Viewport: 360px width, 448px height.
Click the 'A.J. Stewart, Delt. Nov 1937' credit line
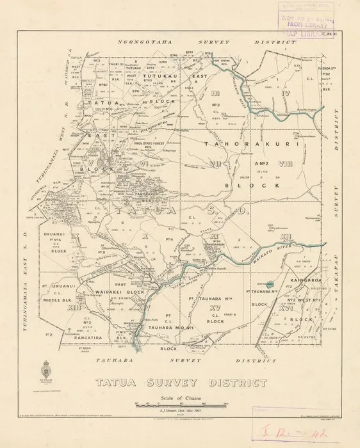coord(181,413)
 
